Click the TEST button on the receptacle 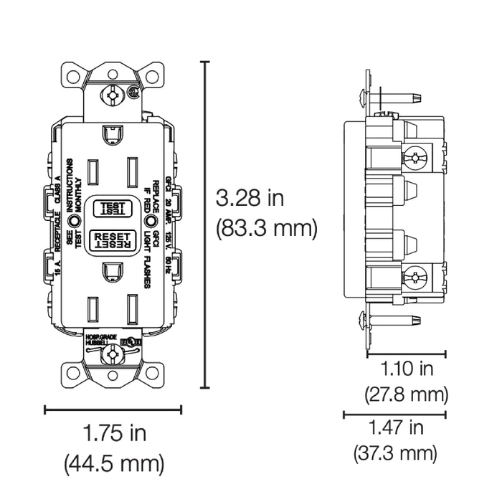[113, 208]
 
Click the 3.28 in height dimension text [250, 197]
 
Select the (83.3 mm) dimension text [266, 229]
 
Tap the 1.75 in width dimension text [115, 433]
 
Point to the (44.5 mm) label [115, 463]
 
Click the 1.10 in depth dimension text [407, 369]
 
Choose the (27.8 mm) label [407, 394]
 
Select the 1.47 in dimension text [396, 428]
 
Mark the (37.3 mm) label [395, 453]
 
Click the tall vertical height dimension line [207, 225]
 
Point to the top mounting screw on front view [113, 93]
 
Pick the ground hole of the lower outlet [113, 271]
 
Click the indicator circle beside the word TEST [75, 214]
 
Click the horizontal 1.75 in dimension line [113, 409]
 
